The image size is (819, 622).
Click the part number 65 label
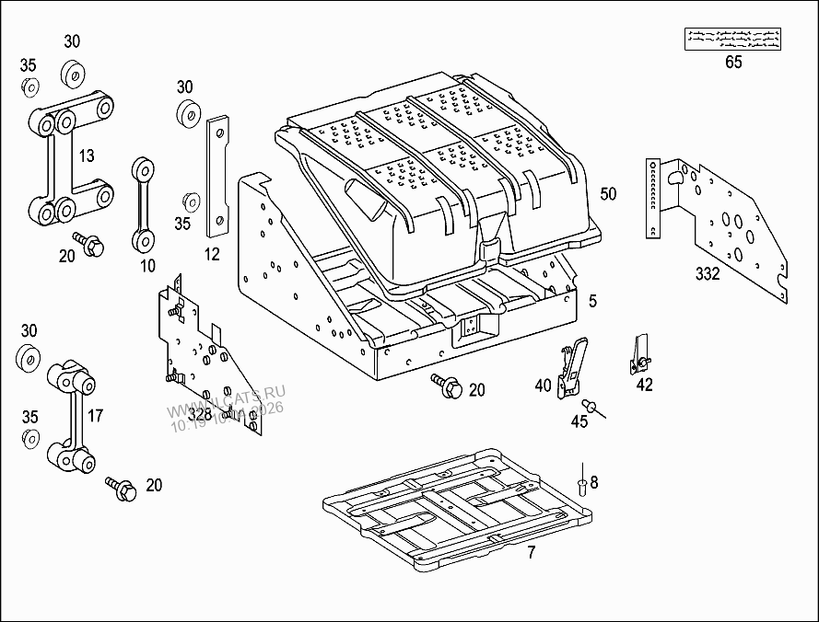click(733, 63)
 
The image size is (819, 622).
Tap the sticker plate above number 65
click(733, 38)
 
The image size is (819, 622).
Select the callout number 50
click(608, 194)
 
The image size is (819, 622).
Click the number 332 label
click(708, 272)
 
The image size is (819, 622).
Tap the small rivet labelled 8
click(582, 482)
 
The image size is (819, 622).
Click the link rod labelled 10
click(143, 204)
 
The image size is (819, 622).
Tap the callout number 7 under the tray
click(531, 552)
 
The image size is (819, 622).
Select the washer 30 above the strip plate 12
click(191, 114)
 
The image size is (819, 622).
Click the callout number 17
click(96, 415)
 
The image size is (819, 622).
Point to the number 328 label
click(200, 415)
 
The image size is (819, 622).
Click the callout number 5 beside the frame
click(593, 301)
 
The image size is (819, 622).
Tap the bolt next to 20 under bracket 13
click(91, 245)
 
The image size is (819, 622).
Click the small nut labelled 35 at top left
click(29, 86)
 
